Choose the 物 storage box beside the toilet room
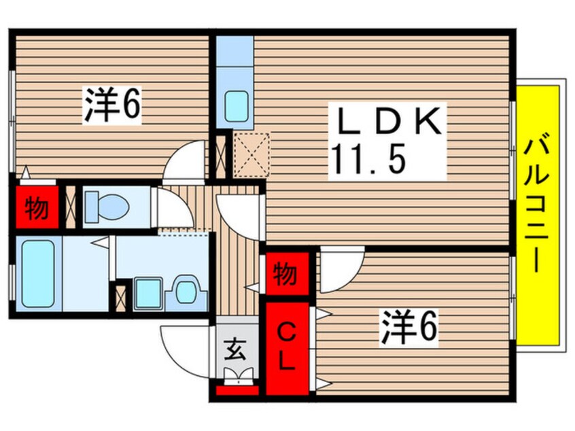[x=36, y=209]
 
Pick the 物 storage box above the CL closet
[x=287, y=275]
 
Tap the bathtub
[x=37, y=273]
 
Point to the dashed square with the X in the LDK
[x=251, y=155]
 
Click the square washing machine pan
[x=148, y=293]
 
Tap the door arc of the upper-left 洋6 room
[x=185, y=160]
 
